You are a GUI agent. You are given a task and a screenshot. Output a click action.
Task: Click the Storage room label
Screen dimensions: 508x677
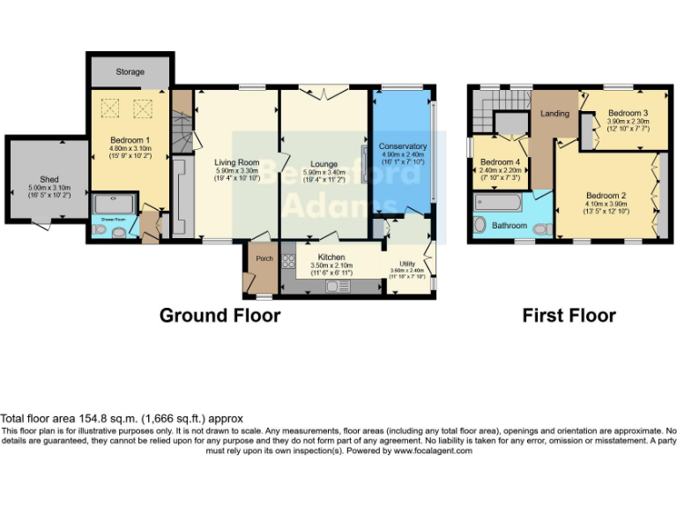129,71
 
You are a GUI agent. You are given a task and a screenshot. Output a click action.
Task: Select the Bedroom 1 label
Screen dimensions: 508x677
130,140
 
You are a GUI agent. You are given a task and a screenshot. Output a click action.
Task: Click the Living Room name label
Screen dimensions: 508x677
237,162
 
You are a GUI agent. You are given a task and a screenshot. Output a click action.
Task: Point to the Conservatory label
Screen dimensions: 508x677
402,146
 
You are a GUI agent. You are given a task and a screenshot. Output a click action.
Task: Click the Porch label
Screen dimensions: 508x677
264,258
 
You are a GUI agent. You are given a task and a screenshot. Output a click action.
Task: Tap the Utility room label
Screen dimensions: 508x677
406,264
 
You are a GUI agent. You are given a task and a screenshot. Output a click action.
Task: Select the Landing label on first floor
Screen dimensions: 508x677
554,114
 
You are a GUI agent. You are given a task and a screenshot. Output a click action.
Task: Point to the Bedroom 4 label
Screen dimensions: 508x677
499,162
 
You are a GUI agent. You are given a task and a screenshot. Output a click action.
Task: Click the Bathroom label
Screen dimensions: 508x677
510,226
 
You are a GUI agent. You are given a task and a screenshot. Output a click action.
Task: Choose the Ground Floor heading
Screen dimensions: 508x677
219,315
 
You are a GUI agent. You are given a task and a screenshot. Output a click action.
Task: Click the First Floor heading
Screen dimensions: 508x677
569,315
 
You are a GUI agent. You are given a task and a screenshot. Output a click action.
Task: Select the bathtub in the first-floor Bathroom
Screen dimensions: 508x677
498,204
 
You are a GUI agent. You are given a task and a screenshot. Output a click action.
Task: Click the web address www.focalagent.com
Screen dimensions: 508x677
433,451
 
